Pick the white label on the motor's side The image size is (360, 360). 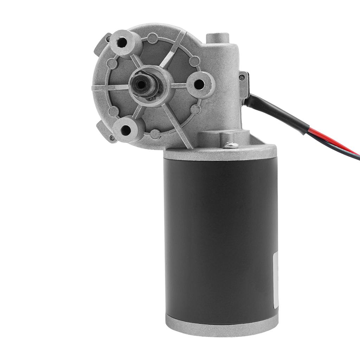276,281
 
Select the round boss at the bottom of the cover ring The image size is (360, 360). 155,134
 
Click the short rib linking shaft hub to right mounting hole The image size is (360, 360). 179,85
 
